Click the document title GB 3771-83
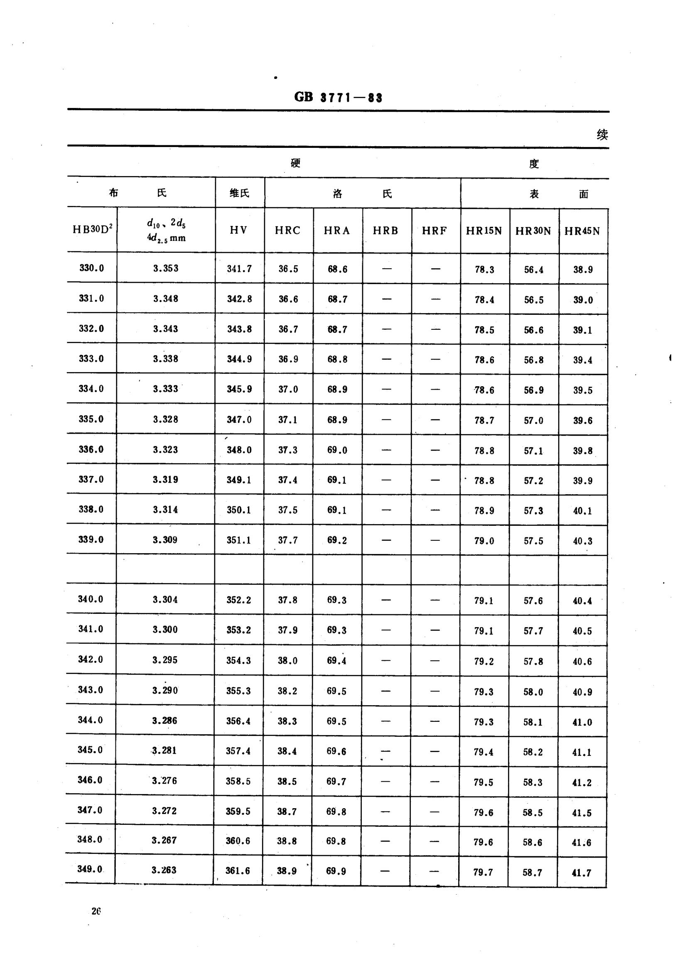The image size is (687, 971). [x=338, y=97]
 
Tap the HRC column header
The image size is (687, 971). [x=288, y=230]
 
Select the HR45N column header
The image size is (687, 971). [x=582, y=231]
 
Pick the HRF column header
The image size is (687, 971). [x=434, y=230]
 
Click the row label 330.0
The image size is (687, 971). [x=91, y=268]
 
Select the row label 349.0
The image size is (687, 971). [x=90, y=869]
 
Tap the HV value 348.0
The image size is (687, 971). [x=239, y=449]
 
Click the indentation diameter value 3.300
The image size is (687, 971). [x=165, y=629]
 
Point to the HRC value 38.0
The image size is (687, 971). [x=287, y=660]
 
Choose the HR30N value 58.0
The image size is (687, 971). [x=532, y=692]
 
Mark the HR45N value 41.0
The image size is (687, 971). [x=581, y=722]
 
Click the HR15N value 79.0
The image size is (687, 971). [x=484, y=540]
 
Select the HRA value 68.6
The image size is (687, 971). [x=337, y=269]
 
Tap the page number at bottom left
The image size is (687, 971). [x=96, y=911]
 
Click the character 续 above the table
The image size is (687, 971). [x=602, y=135]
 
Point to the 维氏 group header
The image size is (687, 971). [x=239, y=193]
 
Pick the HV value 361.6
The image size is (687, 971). [x=237, y=870]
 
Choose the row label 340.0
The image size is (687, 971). [x=90, y=599]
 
